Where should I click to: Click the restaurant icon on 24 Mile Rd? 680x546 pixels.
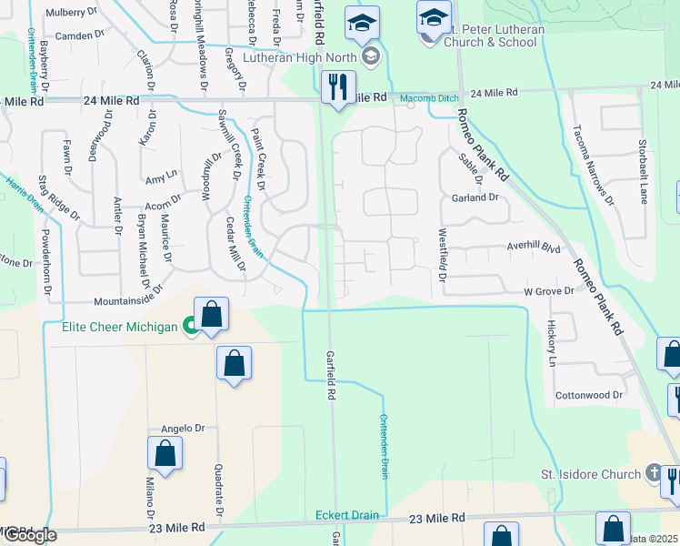[338, 88]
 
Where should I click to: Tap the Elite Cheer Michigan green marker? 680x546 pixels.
[190, 325]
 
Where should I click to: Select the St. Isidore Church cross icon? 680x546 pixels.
[653, 473]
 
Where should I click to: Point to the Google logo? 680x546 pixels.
[30, 535]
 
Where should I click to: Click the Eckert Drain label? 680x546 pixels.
[346, 515]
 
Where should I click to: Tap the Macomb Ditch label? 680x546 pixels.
[422, 96]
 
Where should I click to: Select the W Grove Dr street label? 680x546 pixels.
[548, 291]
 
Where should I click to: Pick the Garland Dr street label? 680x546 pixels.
[475, 197]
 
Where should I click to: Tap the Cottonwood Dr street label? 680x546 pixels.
[589, 396]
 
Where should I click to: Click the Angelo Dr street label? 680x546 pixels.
[180, 429]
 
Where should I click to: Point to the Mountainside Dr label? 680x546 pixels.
[127, 296]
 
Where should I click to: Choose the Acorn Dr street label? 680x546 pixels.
[163, 199]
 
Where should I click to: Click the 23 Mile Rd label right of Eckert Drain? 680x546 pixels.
[437, 517]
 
